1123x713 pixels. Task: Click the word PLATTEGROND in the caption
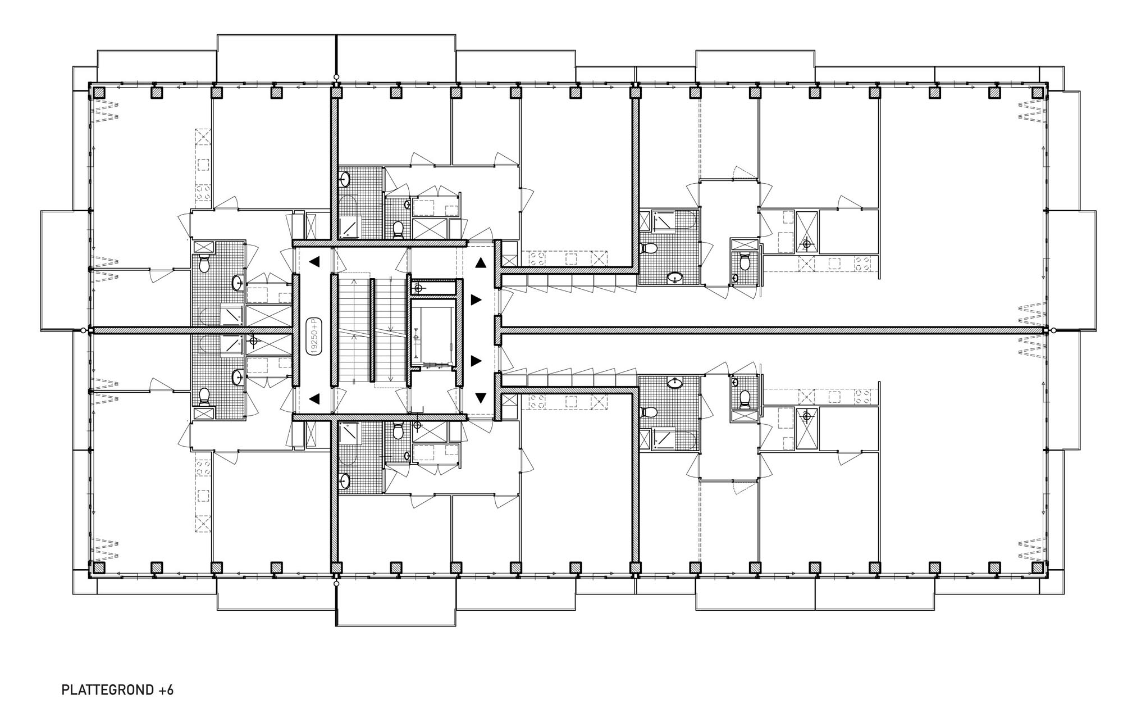(x=106, y=690)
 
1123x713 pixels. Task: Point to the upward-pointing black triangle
(x=481, y=262)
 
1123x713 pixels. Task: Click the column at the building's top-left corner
(x=99, y=92)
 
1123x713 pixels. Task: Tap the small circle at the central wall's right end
(x=1054, y=330)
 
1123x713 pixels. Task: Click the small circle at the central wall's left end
(x=84, y=330)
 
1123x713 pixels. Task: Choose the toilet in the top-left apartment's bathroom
(x=204, y=263)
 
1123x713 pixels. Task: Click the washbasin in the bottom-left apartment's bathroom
(x=238, y=376)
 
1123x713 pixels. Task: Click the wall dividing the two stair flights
(x=372, y=330)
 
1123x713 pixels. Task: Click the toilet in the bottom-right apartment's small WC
(x=745, y=398)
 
